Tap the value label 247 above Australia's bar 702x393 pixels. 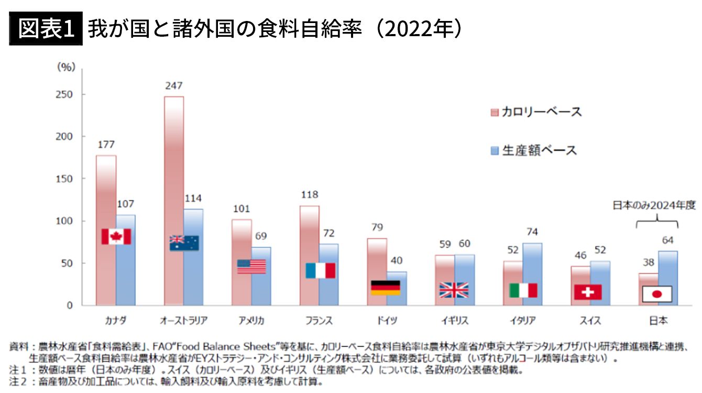[x=173, y=86]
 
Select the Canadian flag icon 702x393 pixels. [x=116, y=236]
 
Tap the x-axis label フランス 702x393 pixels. [x=319, y=320]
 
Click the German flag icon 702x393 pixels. [x=386, y=288]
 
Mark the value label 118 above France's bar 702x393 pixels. [x=310, y=195]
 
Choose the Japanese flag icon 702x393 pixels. [x=657, y=293]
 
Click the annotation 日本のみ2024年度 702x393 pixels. [x=657, y=206]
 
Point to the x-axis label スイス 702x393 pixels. [x=589, y=320]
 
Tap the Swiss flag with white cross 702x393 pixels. [x=588, y=292]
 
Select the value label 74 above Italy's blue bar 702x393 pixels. [x=532, y=232]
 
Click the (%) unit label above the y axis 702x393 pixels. [x=66, y=67]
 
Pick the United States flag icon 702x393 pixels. [x=251, y=267]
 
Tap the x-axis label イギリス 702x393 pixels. [x=454, y=320]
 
